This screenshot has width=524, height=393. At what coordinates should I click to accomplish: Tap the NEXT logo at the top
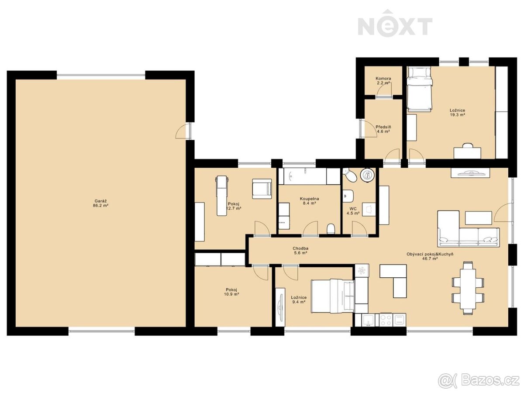[x=395, y=23]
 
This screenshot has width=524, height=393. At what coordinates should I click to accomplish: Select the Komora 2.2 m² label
[x=383, y=80]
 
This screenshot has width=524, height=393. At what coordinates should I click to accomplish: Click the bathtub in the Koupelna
[x=303, y=176]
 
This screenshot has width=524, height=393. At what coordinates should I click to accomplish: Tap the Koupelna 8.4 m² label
[x=310, y=201]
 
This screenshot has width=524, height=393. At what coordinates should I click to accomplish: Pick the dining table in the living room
[x=468, y=289]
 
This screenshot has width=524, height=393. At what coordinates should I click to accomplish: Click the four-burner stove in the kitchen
[x=386, y=320]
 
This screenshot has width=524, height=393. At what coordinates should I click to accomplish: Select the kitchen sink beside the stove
[x=369, y=320]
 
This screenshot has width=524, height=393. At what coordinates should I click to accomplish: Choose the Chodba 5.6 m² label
[x=300, y=251]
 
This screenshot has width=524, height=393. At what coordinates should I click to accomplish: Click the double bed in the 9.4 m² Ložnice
[x=333, y=296]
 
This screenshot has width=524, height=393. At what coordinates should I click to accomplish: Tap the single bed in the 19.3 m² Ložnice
[x=420, y=89]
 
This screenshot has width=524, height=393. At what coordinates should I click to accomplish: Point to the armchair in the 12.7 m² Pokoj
[x=262, y=189]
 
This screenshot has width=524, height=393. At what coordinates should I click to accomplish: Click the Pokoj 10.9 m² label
[x=231, y=292]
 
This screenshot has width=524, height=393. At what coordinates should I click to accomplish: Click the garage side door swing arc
[x=180, y=131]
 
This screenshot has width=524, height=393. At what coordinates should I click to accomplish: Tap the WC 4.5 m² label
[x=353, y=211]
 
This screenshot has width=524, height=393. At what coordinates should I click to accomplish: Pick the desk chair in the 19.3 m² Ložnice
[x=467, y=145]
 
